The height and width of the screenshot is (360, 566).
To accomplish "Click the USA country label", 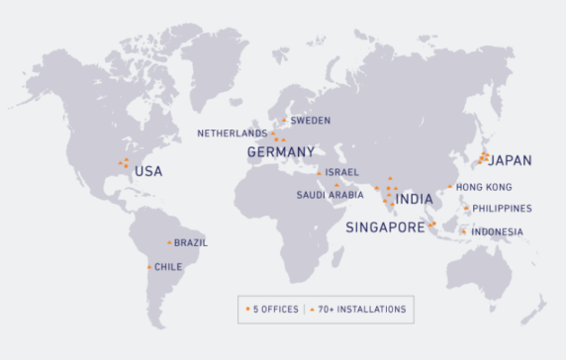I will pyautogui.click(x=147, y=171).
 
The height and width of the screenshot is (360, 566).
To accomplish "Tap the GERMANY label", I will pyautogui.click(x=280, y=152).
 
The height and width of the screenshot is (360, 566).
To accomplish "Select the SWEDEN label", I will pyautogui.click(x=310, y=121).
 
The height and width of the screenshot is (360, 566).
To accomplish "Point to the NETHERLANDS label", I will pyautogui.click(x=232, y=133).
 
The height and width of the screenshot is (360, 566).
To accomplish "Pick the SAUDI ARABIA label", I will pyautogui.click(x=330, y=195).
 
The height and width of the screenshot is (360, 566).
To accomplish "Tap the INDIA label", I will pyautogui.click(x=414, y=199).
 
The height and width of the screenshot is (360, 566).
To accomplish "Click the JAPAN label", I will pyautogui.click(x=511, y=160).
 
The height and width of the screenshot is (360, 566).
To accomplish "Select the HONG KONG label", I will pyautogui.click(x=485, y=187).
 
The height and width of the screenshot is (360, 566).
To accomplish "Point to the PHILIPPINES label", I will pyautogui.click(x=502, y=209).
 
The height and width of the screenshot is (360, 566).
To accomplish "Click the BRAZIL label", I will pyautogui.click(x=191, y=242).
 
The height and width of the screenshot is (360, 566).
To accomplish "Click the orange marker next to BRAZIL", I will pyautogui.click(x=169, y=242).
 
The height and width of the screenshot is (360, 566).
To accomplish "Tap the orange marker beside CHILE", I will pyautogui.click(x=149, y=266).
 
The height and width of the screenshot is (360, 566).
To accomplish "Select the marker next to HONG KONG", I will pyautogui.click(x=449, y=187).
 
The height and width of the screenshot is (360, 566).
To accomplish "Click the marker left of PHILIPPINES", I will pyautogui.click(x=465, y=208).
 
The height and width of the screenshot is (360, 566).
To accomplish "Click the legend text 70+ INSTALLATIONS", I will pyautogui.click(x=361, y=310).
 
